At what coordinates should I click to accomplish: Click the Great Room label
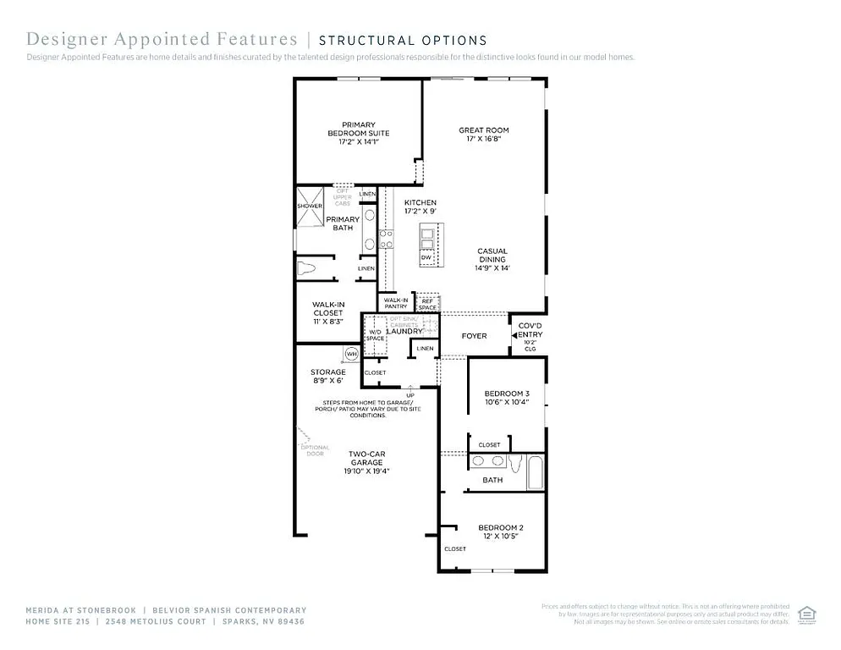pyautogui.click(x=484, y=135)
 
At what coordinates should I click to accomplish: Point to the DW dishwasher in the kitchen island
pyautogui.click(x=426, y=256)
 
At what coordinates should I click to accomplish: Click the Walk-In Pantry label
pyautogui.click(x=395, y=303)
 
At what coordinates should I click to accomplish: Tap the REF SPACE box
pyautogui.click(x=426, y=303)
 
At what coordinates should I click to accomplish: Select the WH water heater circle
pyautogui.click(x=350, y=354)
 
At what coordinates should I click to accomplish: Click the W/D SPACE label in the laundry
pyautogui.click(x=375, y=334)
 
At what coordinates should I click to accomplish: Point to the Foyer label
pyautogui.click(x=474, y=336)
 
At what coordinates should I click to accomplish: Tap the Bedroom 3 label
pyautogui.click(x=507, y=398)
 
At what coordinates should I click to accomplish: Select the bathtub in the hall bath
pyautogui.click(x=535, y=472)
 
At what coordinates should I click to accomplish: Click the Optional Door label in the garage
pyautogui.click(x=315, y=451)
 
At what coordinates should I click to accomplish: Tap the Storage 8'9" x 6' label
pyautogui.click(x=327, y=377)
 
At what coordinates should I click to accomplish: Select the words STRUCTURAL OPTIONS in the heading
pyautogui.click(x=403, y=40)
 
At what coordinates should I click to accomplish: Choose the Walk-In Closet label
pyautogui.click(x=327, y=313)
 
